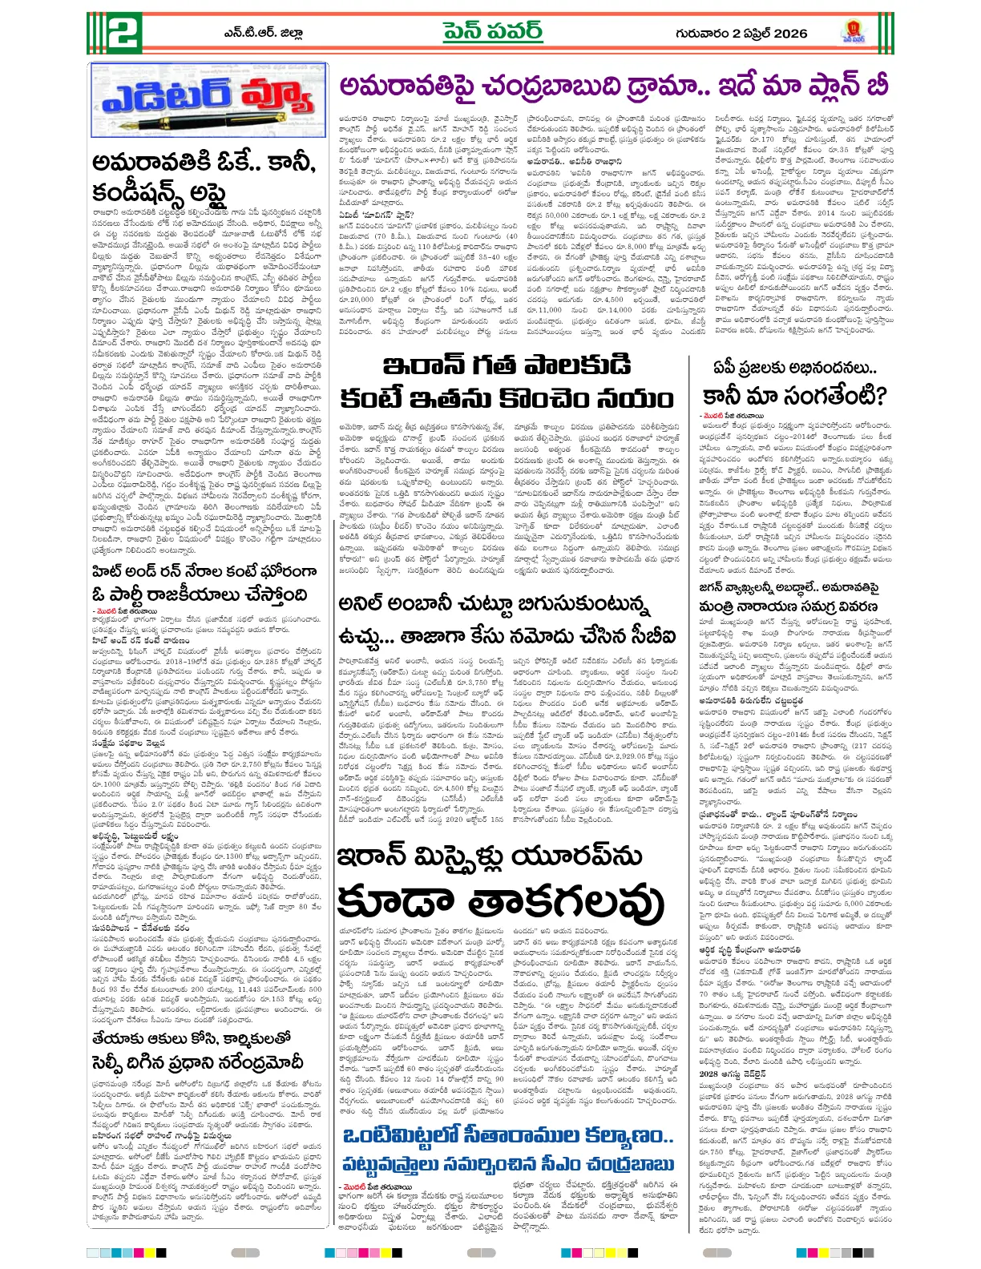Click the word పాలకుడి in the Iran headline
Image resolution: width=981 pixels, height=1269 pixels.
(x=573, y=366)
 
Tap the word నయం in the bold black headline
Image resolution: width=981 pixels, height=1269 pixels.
(x=631, y=398)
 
